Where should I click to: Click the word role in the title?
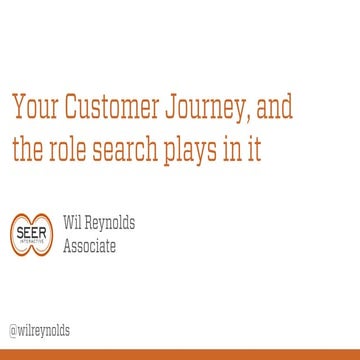(67, 150)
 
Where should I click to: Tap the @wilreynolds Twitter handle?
(39, 330)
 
